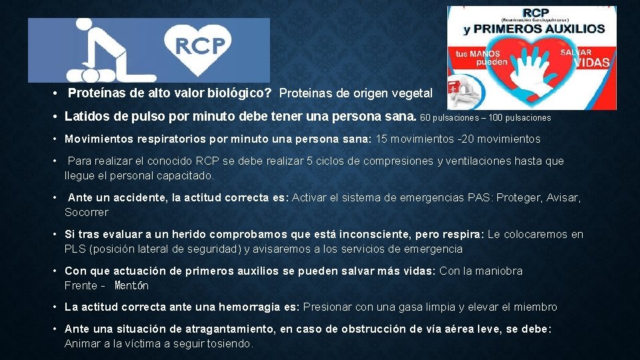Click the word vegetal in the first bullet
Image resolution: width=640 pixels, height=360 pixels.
click(413, 93)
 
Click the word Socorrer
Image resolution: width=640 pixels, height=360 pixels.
click(86, 212)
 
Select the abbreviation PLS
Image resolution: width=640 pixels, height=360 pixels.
click(75, 249)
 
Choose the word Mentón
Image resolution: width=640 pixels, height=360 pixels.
click(131, 285)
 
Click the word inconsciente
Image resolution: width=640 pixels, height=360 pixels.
click(376, 234)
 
